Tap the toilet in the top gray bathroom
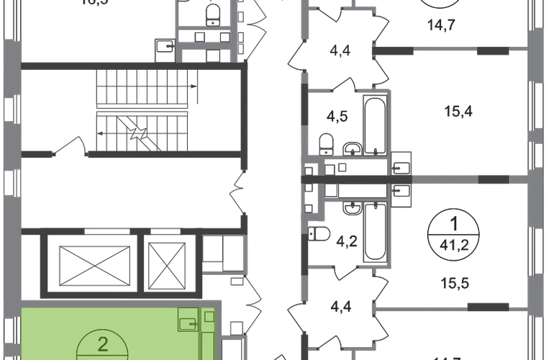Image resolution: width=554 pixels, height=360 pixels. coord(210,13)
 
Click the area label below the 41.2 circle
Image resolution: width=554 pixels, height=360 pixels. coord(456,282)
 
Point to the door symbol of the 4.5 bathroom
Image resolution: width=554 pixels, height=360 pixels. coord(344,87)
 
